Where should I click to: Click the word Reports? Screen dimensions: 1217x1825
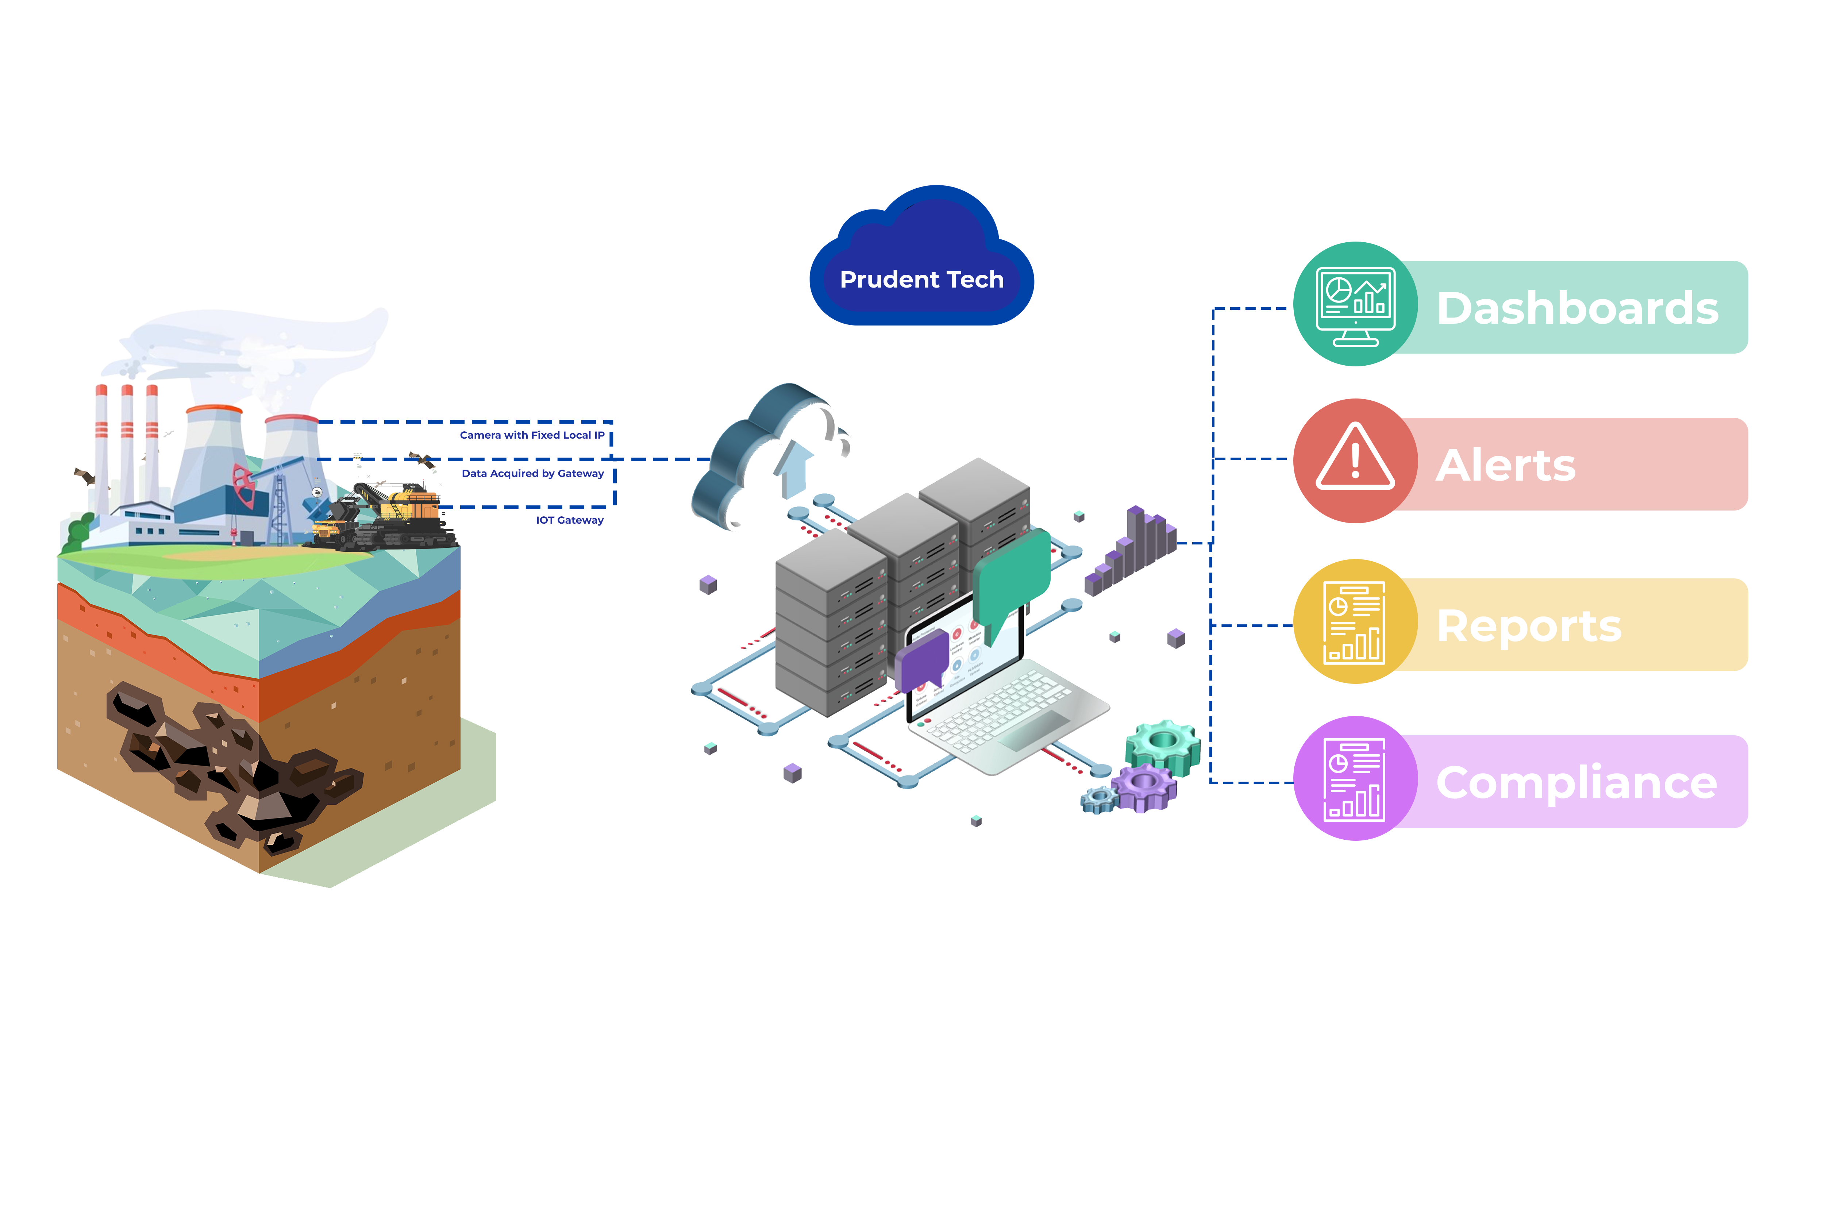(x=1529, y=625)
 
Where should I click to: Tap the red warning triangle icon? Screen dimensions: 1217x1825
(x=1355, y=459)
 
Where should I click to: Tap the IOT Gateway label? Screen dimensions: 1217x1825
(x=570, y=520)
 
